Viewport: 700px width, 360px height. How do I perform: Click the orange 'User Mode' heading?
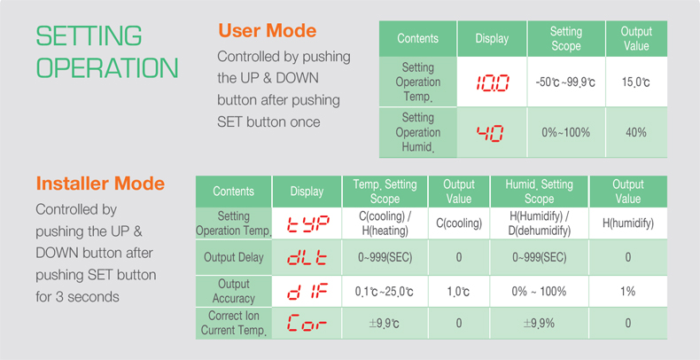point(268,31)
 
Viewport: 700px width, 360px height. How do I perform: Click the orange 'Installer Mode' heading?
point(100,184)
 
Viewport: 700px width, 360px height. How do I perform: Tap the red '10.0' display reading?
point(492,83)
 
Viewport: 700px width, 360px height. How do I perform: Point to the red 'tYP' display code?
point(307,223)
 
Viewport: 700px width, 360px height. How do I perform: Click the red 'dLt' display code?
point(307,258)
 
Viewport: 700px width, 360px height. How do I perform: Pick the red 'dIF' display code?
point(307,291)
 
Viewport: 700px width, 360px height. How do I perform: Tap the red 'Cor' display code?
point(307,323)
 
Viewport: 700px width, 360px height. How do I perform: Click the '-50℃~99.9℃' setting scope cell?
point(565,82)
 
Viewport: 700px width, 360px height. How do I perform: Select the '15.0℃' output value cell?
point(635,82)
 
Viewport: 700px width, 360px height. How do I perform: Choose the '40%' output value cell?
point(636,133)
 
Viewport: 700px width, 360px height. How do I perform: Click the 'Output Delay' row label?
point(234,257)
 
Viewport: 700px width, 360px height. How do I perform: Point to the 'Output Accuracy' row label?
point(234,291)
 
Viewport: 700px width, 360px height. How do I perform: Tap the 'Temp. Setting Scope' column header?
point(385,192)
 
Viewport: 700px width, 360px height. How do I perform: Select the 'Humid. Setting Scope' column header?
point(540,192)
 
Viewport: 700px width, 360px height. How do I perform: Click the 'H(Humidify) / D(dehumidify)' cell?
point(540,223)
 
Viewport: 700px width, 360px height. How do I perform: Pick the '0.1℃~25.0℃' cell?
point(384,292)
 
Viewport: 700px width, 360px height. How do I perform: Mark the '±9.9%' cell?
point(540,323)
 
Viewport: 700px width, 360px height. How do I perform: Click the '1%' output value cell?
point(627,291)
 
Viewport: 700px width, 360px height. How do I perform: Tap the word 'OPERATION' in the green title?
point(107,68)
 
